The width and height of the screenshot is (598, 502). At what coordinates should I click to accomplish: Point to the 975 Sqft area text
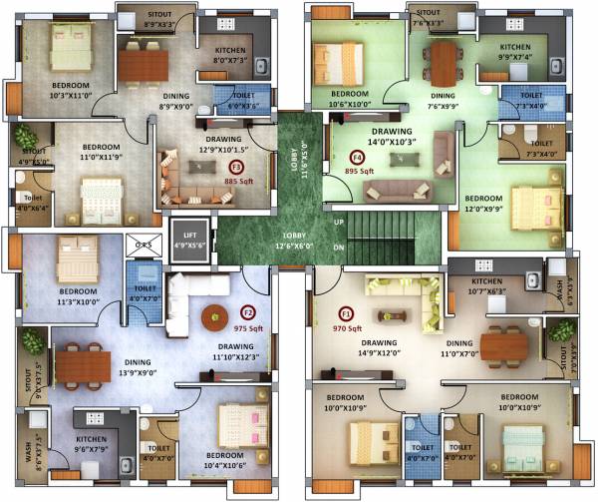[248, 327]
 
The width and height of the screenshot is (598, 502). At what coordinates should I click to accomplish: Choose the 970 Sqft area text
[347, 327]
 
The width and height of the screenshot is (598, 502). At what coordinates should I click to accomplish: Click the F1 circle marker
[347, 312]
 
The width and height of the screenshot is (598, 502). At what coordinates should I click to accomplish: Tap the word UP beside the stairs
[338, 221]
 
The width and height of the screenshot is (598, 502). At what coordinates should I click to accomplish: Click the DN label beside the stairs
[338, 247]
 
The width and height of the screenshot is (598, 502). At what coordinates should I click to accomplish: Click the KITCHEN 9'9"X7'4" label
[515, 52]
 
